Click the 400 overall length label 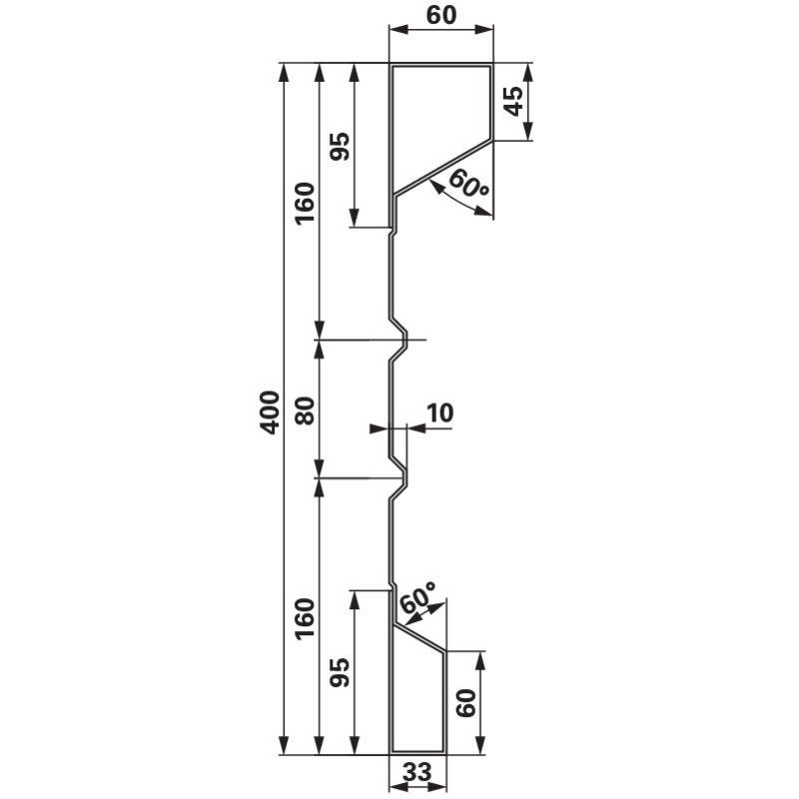coord(270,412)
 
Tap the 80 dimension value coord(306,410)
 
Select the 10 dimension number coord(438,412)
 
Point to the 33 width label coord(417,772)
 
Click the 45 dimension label coord(513,101)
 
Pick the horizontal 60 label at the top coord(441,15)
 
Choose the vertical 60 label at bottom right coord(465,703)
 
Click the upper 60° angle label coord(468,185)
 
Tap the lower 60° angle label coord(417,597)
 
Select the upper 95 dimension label coord(340,147)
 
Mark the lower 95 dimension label coord(340,672)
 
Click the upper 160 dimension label coord(306,203)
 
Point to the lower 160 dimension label coord(306,619)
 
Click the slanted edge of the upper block coord(443,168)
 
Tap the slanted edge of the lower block coord(419,637)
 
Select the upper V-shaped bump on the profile coord(399,340)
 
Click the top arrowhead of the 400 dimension coord(285,72)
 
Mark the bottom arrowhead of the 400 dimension coord(285,745)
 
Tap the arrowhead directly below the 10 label coord(416,429)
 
